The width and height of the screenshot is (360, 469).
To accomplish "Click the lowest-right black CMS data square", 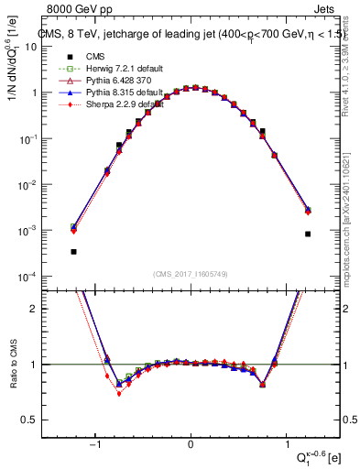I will point(308,234).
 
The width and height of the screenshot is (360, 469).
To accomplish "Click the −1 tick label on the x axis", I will point(94,445).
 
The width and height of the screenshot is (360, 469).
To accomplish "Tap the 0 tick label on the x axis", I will point(190,445).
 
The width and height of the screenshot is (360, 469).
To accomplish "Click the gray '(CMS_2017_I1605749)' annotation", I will point(191,274).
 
